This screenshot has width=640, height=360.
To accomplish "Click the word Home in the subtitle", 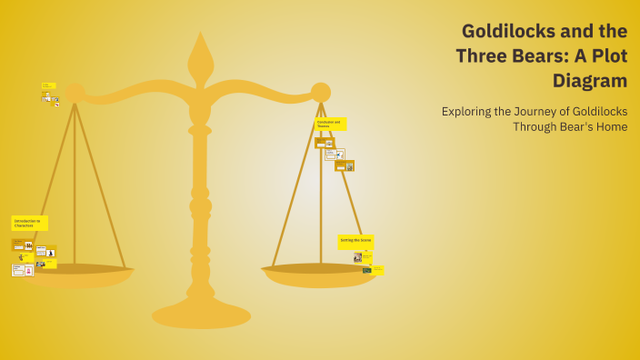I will click(x=611, y=126).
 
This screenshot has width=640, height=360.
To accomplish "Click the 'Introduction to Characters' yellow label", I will click(x=29, y=223).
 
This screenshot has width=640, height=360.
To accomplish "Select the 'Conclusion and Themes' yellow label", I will click(x=330, y=124).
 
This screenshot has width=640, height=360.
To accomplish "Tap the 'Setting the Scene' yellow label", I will click(x=355, y=241).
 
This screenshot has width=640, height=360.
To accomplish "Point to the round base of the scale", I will click(x=201, y=315).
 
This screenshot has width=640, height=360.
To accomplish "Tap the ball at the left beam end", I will click(x=75, y=93).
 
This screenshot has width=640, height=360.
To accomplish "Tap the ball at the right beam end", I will click(x=320, y=92).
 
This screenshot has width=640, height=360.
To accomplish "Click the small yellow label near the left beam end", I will click(x=48, y=85).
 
